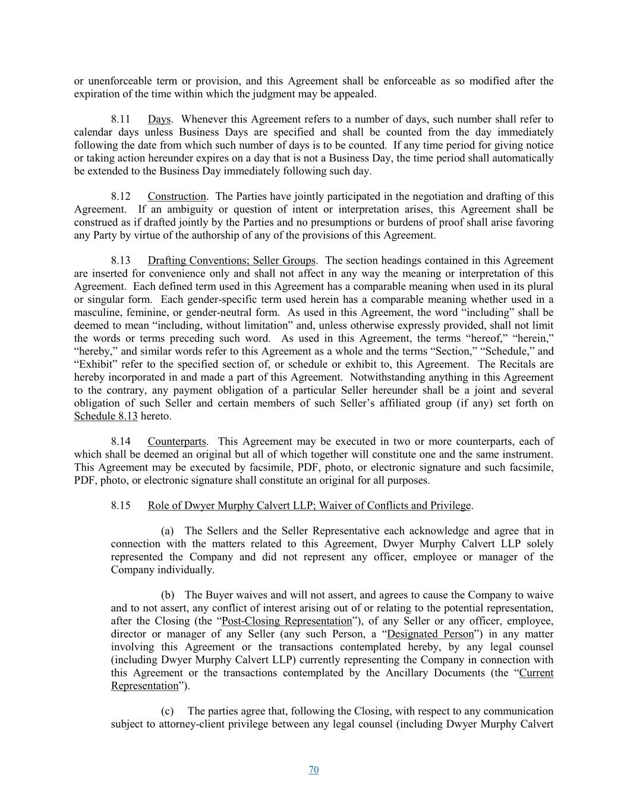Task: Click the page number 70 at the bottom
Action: [314, 770]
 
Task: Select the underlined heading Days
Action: [159, 120]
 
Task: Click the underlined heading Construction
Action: [177, 196]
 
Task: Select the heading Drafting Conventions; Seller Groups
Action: [232, 261]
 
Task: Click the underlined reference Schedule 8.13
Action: [106, 416]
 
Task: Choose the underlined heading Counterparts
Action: [177, 441]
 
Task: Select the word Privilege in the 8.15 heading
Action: [450, 506]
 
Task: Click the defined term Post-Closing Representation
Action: [286, 621]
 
